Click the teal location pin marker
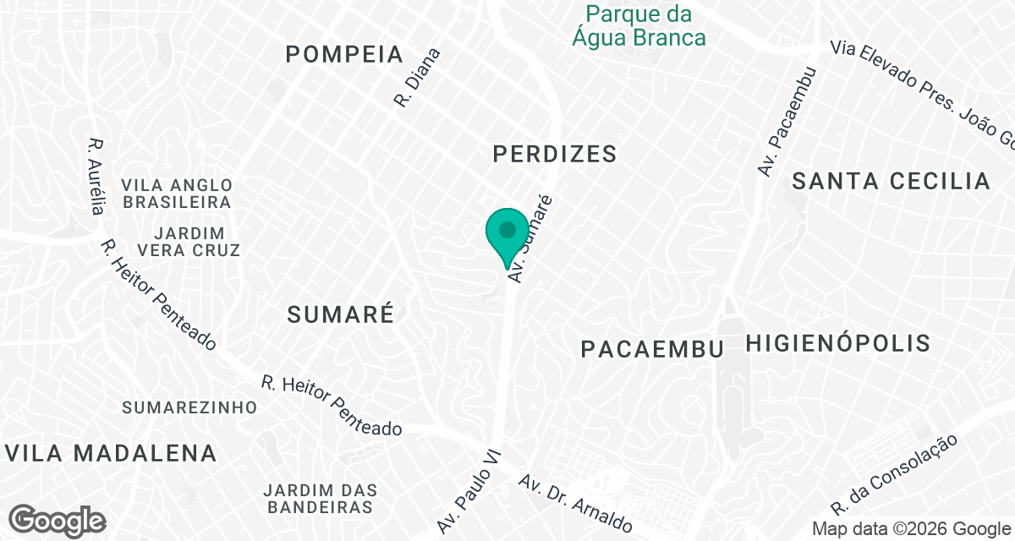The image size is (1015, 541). pos(507,232)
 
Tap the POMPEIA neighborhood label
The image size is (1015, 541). pos(344,55)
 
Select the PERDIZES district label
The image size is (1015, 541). pos(554,154)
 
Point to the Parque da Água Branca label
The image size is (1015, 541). pos(639,26)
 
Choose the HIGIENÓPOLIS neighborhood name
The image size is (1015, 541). pos(838,343)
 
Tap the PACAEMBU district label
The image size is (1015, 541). pos(652,349)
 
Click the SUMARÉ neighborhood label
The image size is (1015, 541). pos(341,314)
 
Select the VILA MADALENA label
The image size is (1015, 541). pos(111,453)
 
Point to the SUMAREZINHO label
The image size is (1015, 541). pos(189,407)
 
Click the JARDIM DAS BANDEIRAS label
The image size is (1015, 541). pos(320,499)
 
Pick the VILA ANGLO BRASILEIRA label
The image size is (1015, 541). pos(176,194)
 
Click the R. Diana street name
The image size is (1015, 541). pos(417,77)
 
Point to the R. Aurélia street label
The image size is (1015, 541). pos(97,175)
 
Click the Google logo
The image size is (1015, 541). pos(57,521)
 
